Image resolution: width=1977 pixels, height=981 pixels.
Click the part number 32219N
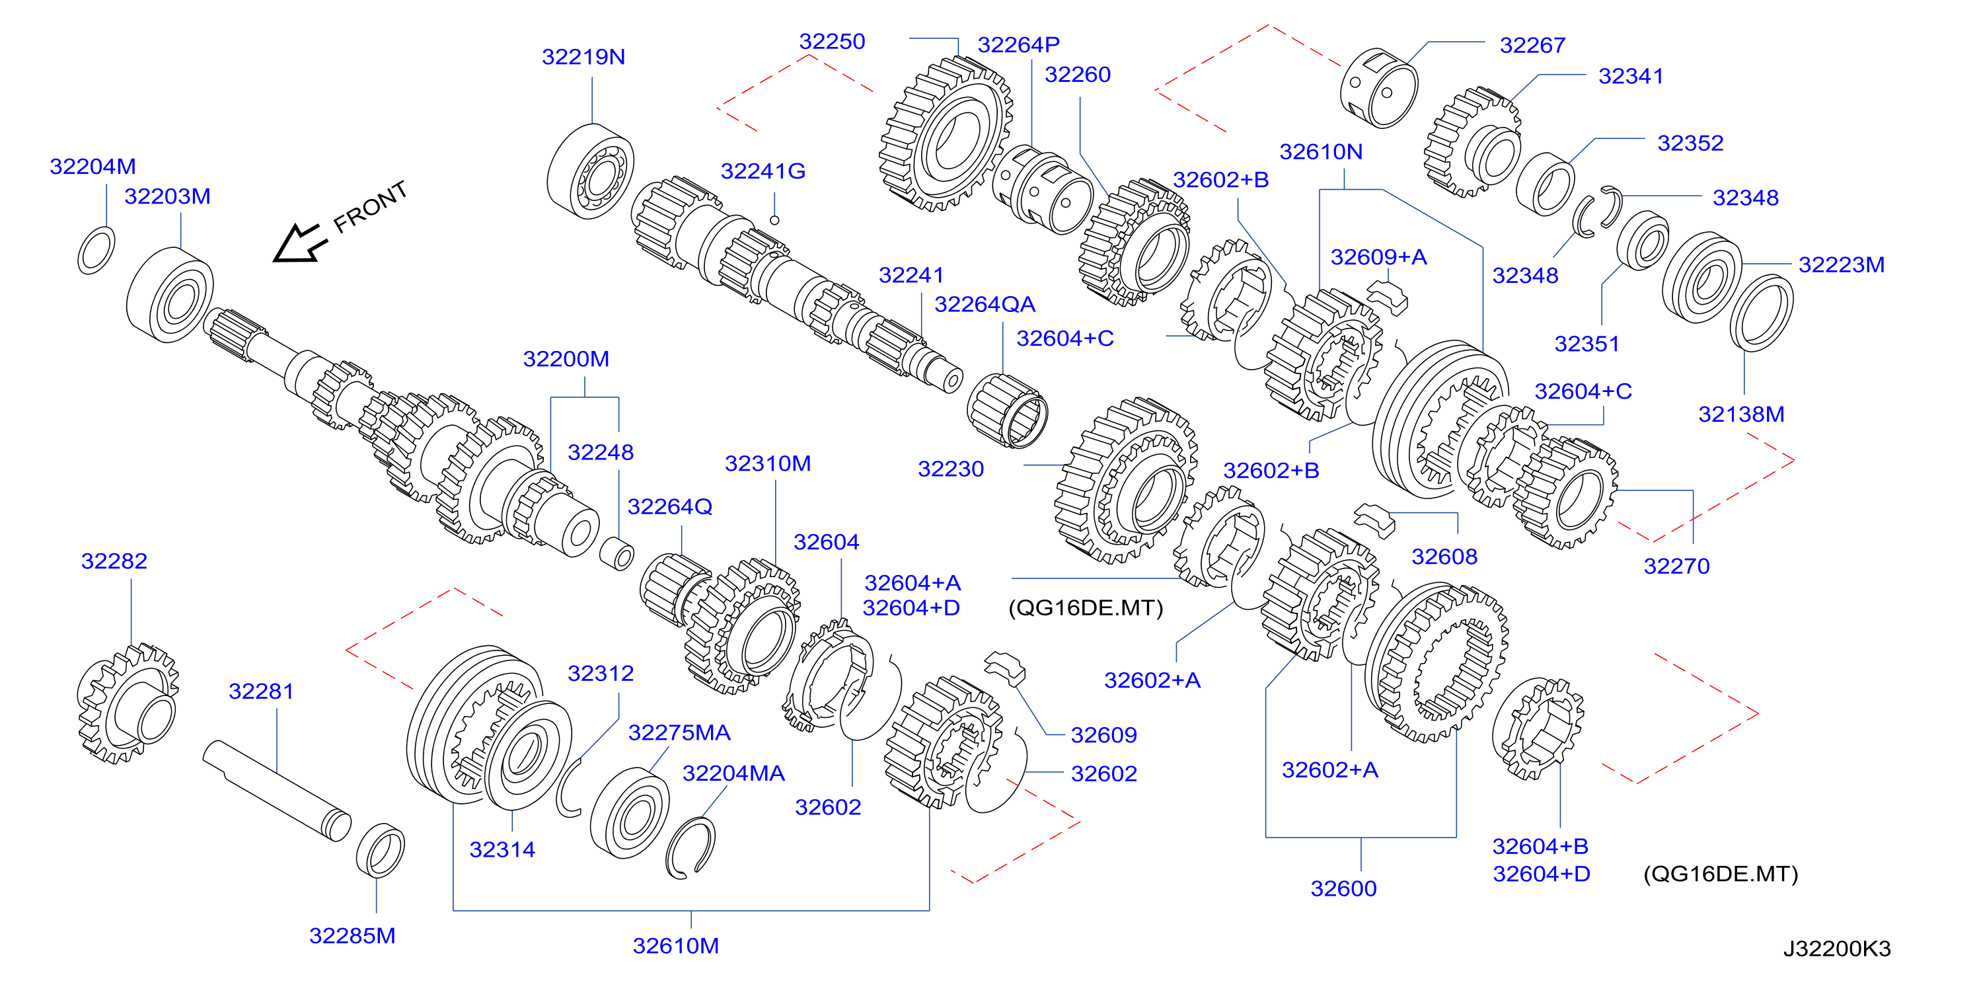(583, 57)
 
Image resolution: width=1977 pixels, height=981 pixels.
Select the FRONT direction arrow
(299, 243)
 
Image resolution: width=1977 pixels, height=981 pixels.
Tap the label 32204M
(93, 167)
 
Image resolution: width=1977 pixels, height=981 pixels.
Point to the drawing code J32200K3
(1836, 949)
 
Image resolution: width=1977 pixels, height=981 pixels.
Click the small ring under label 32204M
(96, 251)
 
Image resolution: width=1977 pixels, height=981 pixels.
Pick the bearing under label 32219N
(590, 171)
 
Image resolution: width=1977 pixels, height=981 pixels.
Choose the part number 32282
(114, 561)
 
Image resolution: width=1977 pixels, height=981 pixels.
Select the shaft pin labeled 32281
(277, 791)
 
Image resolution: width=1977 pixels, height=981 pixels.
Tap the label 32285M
(352, 935)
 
